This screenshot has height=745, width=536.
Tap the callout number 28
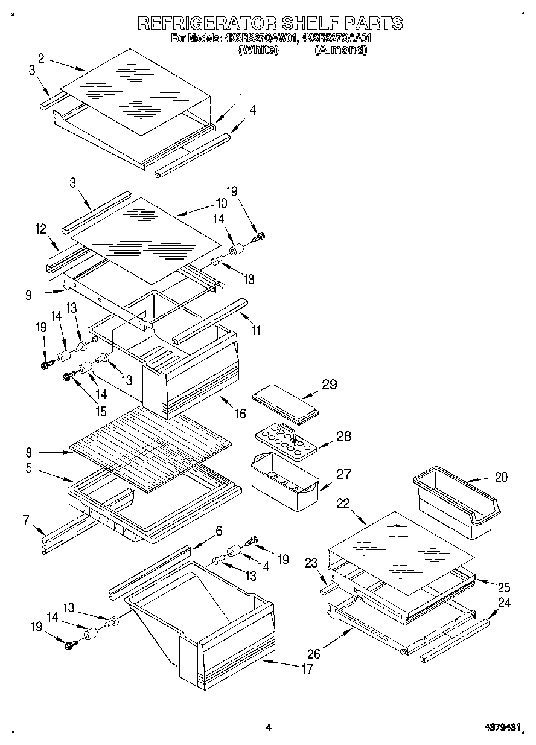[x=343, y=436]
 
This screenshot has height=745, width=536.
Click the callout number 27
[x=343, y=475]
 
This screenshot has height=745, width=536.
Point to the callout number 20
[x=501, y=477]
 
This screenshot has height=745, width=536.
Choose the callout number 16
[x=240, y=414]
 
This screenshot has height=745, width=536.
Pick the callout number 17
[x=307, y=669]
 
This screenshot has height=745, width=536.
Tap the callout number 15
[x=100, y=412]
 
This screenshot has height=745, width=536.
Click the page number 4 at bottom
[x=269, y=728]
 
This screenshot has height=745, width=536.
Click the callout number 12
[x=40, y=229]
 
